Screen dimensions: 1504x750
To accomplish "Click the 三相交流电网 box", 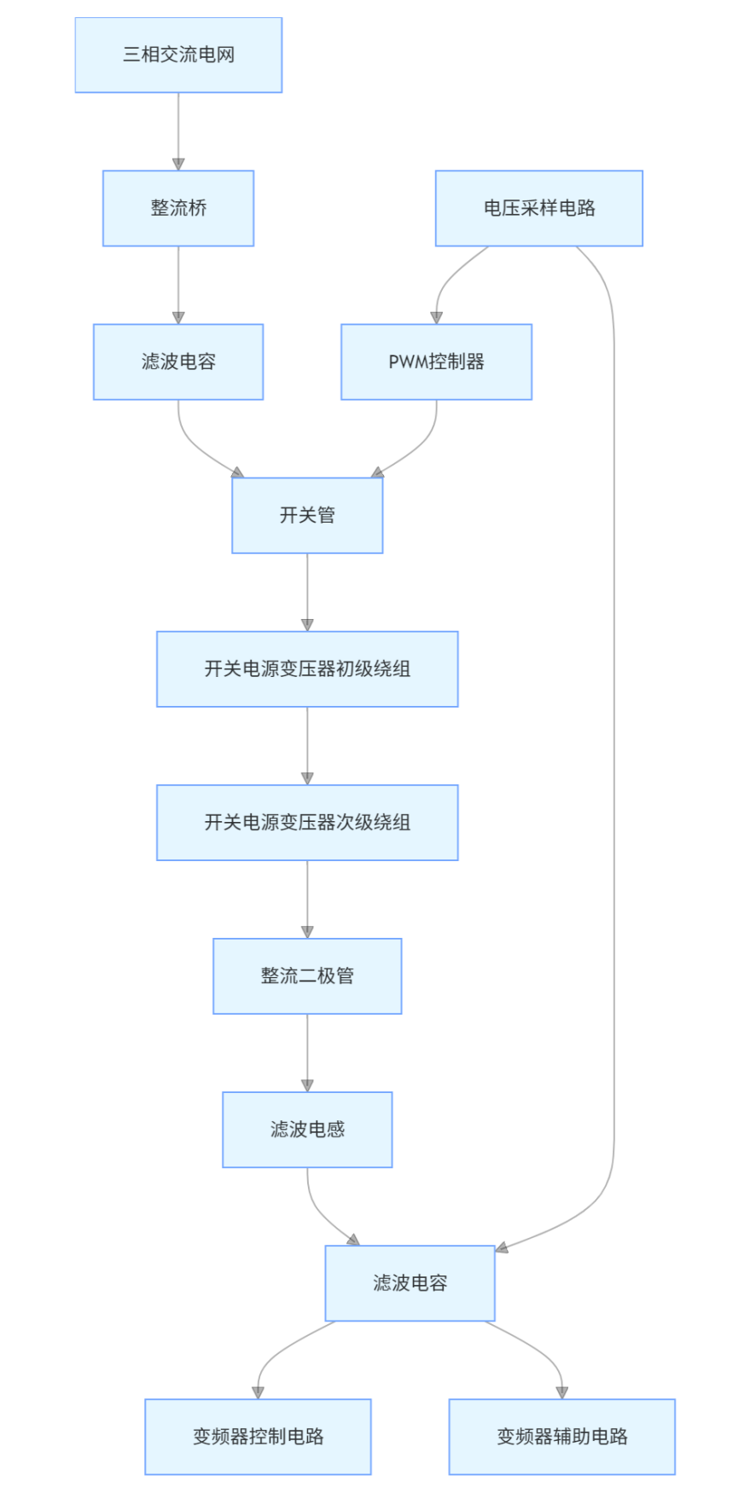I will pyautogui.click(x=178, y=55).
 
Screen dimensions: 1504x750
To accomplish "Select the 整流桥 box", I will pyautogui.click(x=178, y=208).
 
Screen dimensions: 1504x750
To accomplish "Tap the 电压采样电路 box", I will pyautogui.click(x=538, y=208).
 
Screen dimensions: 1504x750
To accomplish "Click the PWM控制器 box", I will pyautogui.click(x=436, y=362).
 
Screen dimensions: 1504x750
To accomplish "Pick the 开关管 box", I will pyautogui.click(x=307, y=515).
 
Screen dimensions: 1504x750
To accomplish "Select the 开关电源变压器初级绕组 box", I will pyautogui.click(x=307, y=668).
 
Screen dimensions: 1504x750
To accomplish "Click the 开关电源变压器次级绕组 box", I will pyautogui.click(x=307, y=822).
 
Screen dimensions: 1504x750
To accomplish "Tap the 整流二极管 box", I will pyautogui.click(x=307, y=975).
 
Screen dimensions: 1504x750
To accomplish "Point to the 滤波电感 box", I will pyautogui.click(x=307, y=1129).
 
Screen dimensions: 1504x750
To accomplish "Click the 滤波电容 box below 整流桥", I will pyautogui.click(x=178, y=362).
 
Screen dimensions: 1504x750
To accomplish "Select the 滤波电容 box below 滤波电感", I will pyautogui.click(x=410, y=1282).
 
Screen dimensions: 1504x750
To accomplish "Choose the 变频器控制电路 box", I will pyautogui.click(x=258, y=1436).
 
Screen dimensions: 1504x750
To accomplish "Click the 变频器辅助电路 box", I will pyautogui.click(x=561, y=1436).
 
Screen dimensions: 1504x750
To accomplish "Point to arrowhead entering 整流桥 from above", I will pyautogui.click(x=178, y=164).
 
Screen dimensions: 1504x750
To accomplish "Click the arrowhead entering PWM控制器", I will pyautogui.click(x=437, y=317).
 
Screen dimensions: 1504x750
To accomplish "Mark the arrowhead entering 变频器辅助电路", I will pyautogui.click(x=561, y=1392).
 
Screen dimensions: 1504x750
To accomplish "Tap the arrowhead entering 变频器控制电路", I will pyautogui.click(x=258, y=1392).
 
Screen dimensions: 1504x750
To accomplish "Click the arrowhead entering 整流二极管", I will pyautogui.click(x=307, y=932).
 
